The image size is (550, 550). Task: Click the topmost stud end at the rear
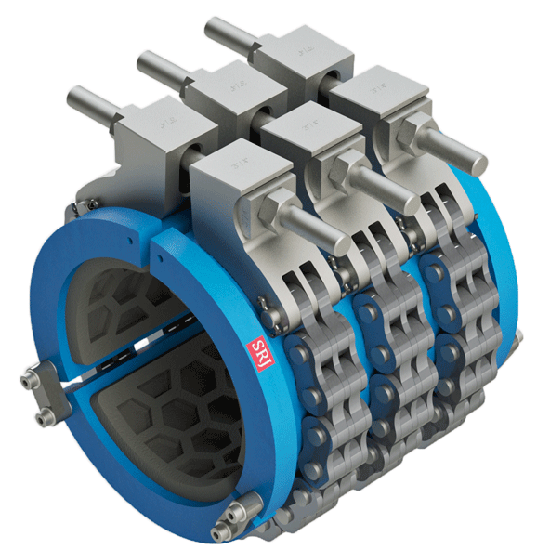(x=216, y=24)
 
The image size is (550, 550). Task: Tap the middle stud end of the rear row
(x=149, y=63)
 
